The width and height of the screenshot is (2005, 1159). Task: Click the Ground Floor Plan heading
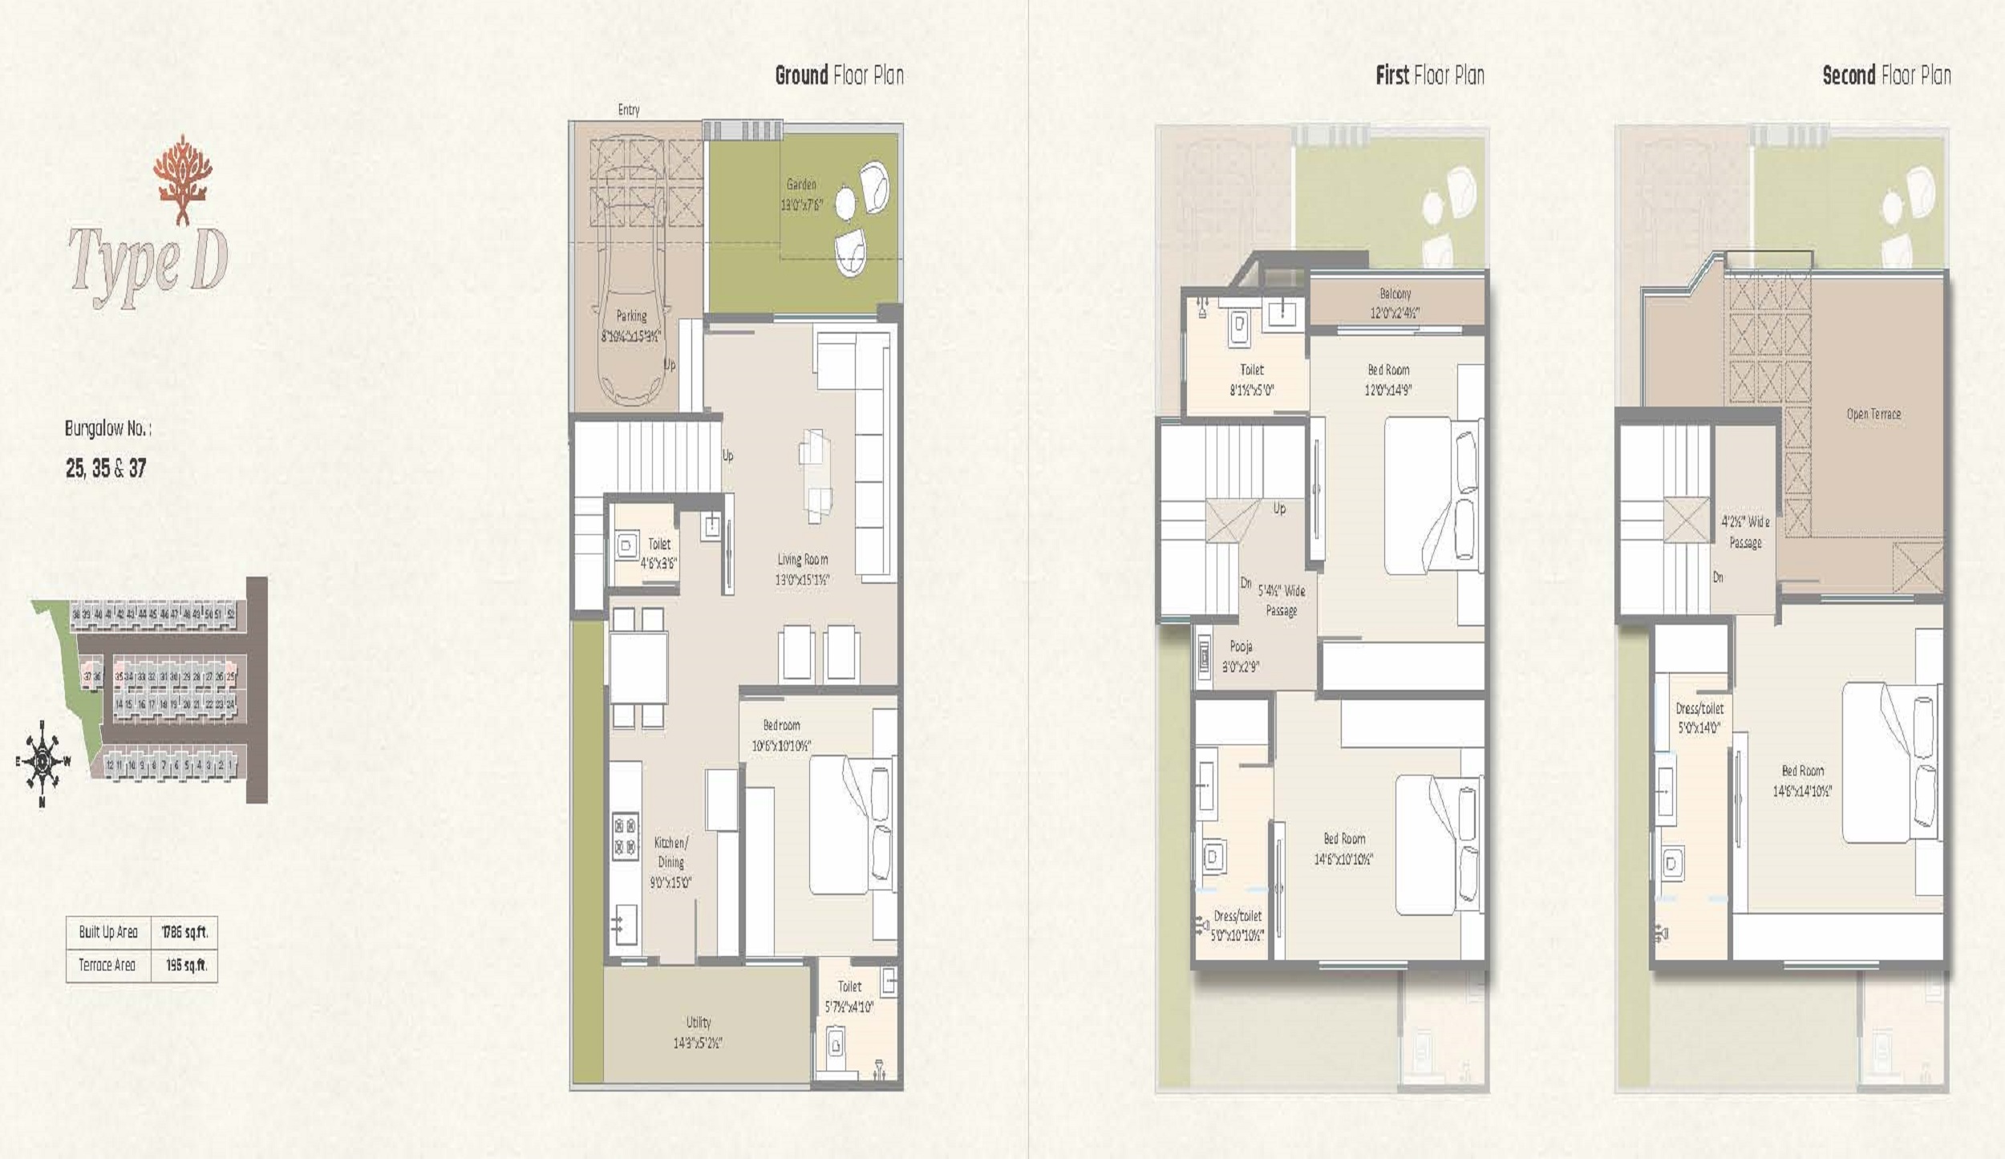tap(839, 75)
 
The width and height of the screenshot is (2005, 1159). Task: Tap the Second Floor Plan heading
tap(1886, 75)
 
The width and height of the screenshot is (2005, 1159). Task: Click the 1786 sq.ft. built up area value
tap(184, 932)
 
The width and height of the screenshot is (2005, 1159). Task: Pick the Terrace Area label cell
tap(107, 965)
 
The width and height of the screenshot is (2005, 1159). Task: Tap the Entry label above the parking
tap(629, 110)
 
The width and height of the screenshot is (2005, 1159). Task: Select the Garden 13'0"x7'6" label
tap(801, 195)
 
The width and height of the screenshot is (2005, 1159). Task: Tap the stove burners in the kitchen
tap(626, 835)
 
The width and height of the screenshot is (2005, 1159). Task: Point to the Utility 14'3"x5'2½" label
tap(698, 1032)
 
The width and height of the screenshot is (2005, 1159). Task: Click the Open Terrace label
tap(1873, 414)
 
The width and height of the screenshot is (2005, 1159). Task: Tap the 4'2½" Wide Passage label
tap(1745, 532)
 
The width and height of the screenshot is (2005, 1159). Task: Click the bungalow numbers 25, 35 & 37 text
tap(106, 468)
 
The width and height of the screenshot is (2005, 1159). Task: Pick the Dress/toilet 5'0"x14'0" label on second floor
tap(1699, 718)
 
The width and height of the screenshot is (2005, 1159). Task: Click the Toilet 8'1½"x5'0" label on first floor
tap(1251, 380)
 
